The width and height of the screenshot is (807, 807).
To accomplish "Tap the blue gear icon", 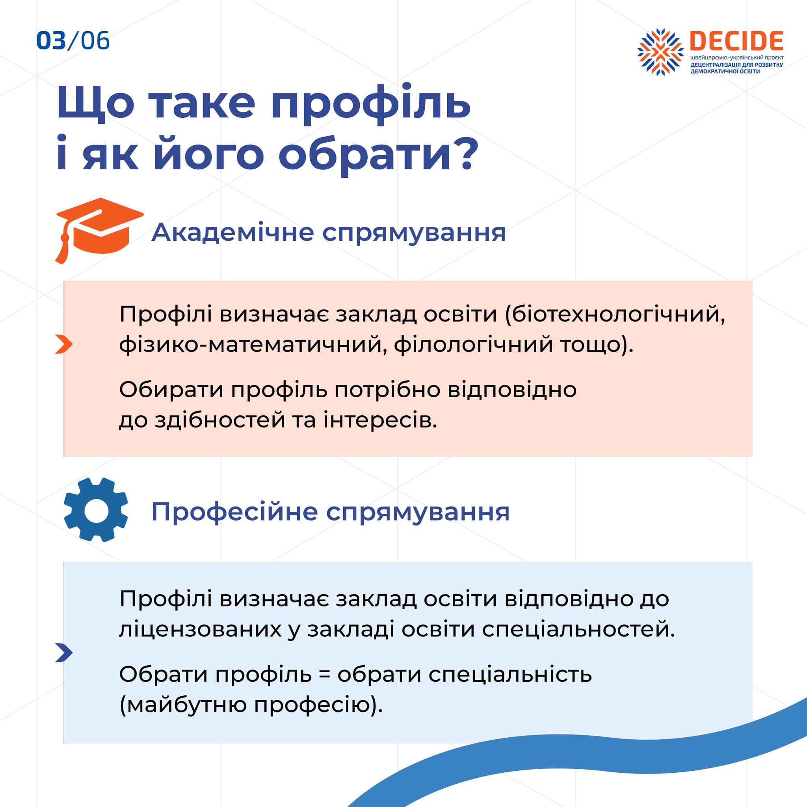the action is tap(96, 510).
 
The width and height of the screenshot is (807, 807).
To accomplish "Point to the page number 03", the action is tap(51, 41).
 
